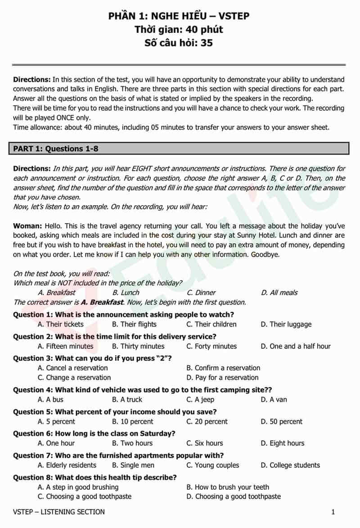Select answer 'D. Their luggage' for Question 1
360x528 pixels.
tap(286, 324)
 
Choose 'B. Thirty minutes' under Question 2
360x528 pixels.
tap(138, 346)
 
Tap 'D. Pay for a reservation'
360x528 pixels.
tap(222, 378)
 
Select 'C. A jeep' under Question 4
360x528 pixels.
tap(200, 399)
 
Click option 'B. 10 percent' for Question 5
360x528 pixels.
tap(133, 422)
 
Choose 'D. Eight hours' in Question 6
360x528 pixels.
tap(282, 443)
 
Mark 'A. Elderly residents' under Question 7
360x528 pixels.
tap(67, 465)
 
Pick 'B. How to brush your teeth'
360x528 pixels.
tap(228, 487)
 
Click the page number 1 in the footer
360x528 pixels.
tap(333, 512)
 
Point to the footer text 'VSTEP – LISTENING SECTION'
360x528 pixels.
tap(59, 512)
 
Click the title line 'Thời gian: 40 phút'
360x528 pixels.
tap(179, 30)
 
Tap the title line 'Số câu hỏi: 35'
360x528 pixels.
tap(179, 43)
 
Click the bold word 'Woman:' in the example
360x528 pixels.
tap(27, 226)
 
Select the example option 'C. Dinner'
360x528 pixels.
tap(201, 293)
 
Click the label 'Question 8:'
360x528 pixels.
tap(33, 477)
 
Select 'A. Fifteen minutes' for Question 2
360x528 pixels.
tap(66, 346)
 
